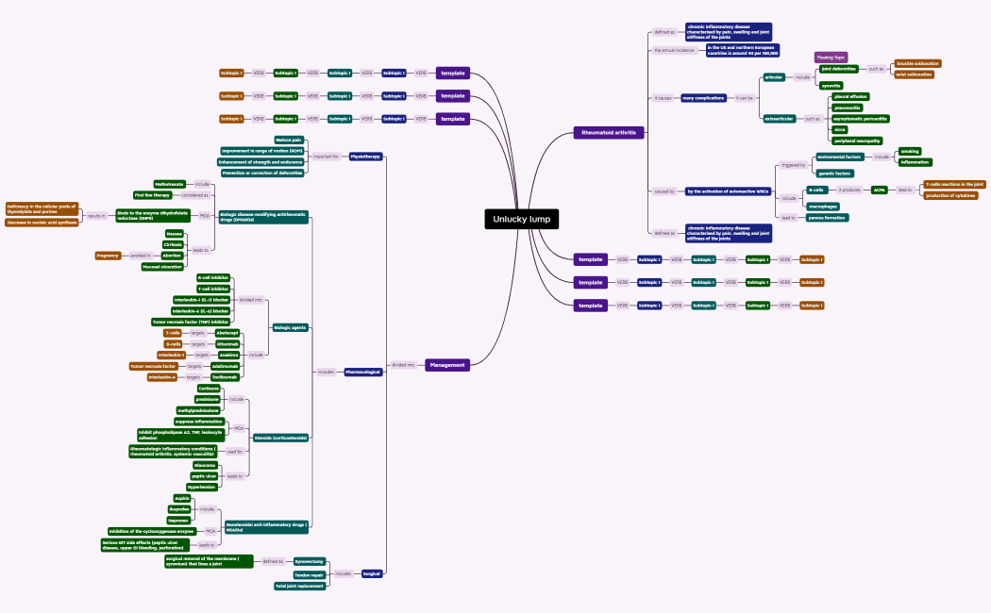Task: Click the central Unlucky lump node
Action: (x=520, y=219)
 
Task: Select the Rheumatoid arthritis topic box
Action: (x=609, y=133)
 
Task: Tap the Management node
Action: (x=446, y=365)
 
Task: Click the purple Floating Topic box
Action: (x=831, y=58)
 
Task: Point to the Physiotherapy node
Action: (x=365, y=157)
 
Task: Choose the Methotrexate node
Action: (x=170, y=184)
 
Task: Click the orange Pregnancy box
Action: (x=108, y=256)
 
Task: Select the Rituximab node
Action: (x=227, y=344)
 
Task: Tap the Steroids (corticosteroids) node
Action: (x=280, y=439)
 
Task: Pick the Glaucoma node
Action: (x=205, y=465)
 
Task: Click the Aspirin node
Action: (x=182, y=498)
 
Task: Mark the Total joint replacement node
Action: (x=300, y=586)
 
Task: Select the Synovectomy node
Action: (x=310, y=561)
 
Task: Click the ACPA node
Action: (x=879, y=191)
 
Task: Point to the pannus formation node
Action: (x=828, y=218)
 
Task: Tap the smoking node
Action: (x=909, y=151)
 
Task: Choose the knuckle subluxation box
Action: (x=917, y=63)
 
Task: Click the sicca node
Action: (x=839, y=129)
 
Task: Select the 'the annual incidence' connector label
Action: (x=675, y=50)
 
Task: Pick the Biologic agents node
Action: (x=291, y=327)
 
